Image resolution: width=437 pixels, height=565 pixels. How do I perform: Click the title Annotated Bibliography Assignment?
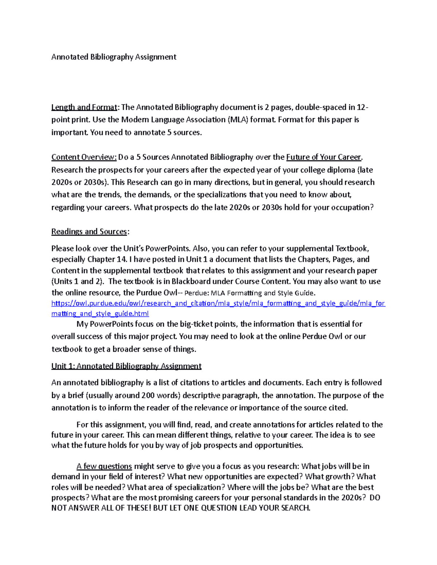click(x=114, y=57)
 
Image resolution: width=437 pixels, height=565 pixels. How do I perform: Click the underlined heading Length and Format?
click(x=84, y=107)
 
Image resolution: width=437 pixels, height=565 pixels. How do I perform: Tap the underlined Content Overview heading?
click(x=84, y=157)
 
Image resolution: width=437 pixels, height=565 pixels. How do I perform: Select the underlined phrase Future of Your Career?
click(x=324, y=157)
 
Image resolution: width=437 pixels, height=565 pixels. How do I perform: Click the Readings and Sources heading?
click(x=89, y=232)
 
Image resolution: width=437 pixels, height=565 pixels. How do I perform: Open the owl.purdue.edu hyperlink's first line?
click(x=218, y=303)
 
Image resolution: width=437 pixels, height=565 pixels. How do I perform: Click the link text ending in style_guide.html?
click(x=100, y=314)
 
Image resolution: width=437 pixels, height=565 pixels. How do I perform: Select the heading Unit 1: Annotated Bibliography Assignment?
click(x=126, y=366)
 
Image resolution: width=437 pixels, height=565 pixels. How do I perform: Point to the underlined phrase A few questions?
click(x=104, y=466)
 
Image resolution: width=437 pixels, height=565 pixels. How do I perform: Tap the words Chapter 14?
click(x=107, y=259)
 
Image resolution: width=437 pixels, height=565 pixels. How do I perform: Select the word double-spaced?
click(x=320, y=107)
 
